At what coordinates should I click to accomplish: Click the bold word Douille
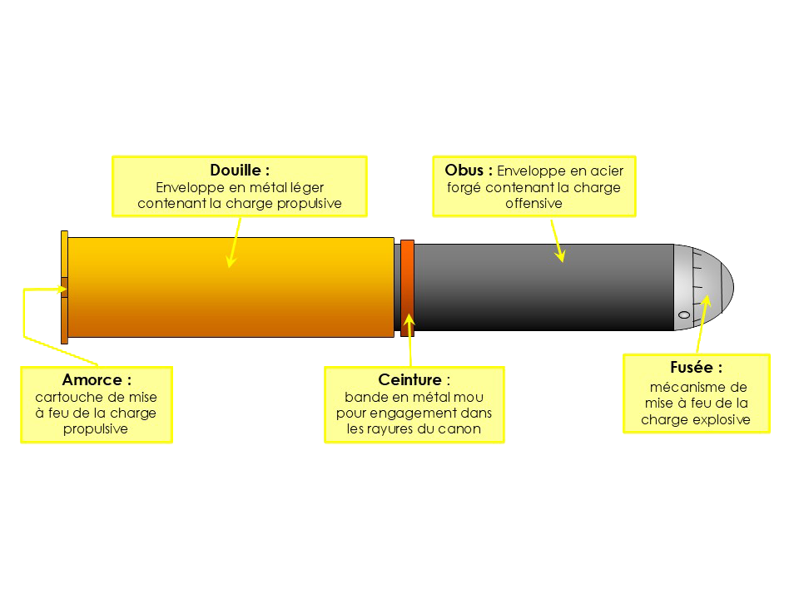236,171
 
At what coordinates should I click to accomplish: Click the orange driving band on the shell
407,287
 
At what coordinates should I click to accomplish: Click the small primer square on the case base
64,290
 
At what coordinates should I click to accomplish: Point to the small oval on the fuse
684,314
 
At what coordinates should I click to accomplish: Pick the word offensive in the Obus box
533,203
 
